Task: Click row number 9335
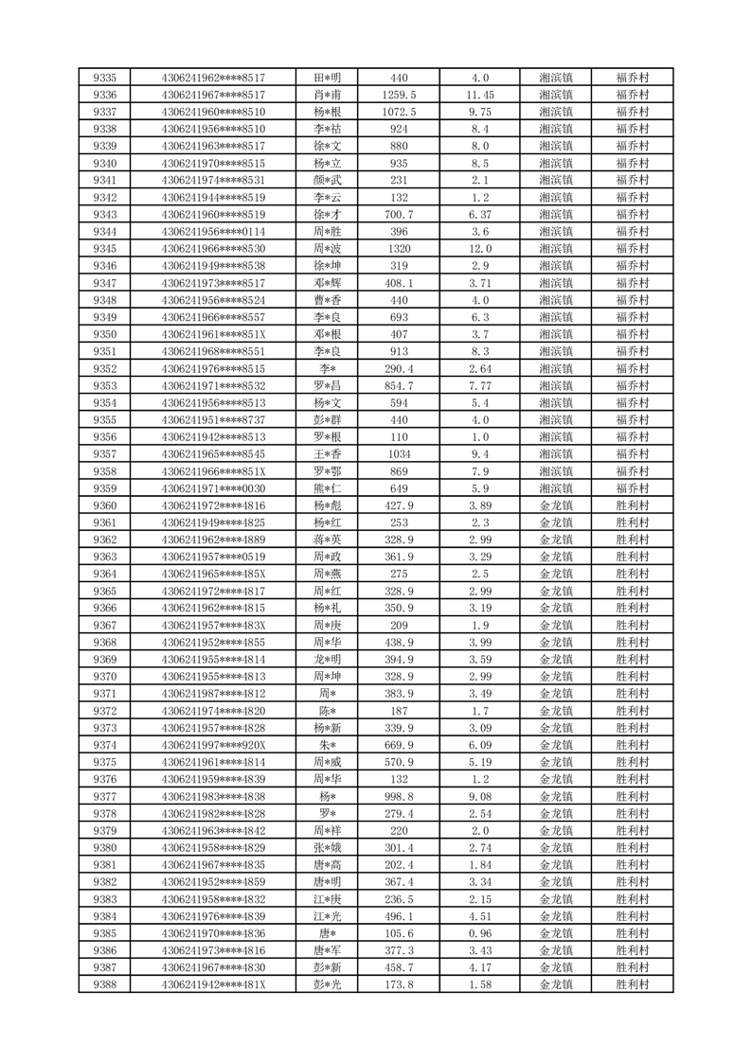click(105, 78)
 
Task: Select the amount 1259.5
click(399, 95)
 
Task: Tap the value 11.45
click(480, 95)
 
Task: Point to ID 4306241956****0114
click(214, 232)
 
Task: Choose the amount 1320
click(399, 249)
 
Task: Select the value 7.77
click(480, 386)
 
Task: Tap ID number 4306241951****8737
click(214, 420)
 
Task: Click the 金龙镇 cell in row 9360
click(556, 505)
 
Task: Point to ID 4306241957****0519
click(214, 557)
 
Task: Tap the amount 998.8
click(399, 797)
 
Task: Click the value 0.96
click(480, 933)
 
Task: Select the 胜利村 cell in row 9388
click(632, 985)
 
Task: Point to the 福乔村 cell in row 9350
click(632, 334)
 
